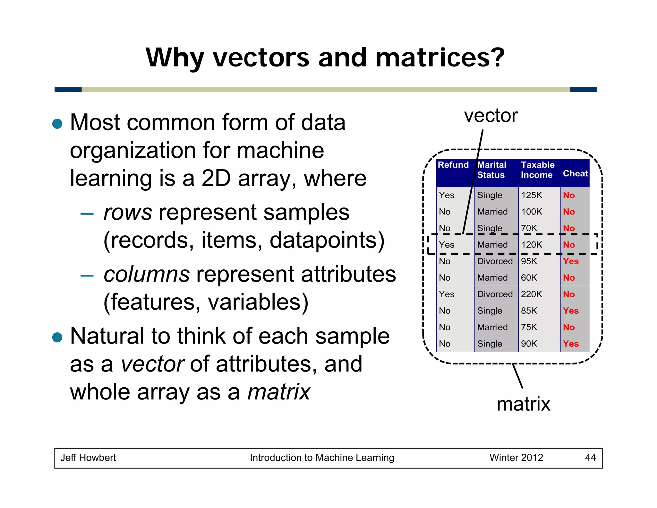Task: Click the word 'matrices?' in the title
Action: click(x=439, y=58)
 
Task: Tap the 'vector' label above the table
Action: click(x=491, y=116)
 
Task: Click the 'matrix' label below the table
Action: click(x=523, y=404)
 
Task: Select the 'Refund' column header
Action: click(x=453, y=165)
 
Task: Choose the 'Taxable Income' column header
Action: click(x=537, y=170)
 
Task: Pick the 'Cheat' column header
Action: click(x=575, y=174)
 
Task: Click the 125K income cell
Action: click(x=531, y=195)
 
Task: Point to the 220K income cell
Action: click(x=531, y=294)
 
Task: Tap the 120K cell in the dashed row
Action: click(x=531, y=245)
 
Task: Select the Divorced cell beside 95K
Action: click(x=495, y=261)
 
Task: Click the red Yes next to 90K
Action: click(x=571, y=344)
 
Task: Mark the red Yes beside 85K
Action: click(x=571, y=311)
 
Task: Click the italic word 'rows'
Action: click(x=127, y=213)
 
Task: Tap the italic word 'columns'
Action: click(x=147, y=275)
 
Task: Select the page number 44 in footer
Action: click(x=590, y=458)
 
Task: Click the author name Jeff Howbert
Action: click(x=88, y=458)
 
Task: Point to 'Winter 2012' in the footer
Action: click(x=516, y=458)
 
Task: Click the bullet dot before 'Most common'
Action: click(x=57, y=124)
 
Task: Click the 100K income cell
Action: click(x=531, y=212)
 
